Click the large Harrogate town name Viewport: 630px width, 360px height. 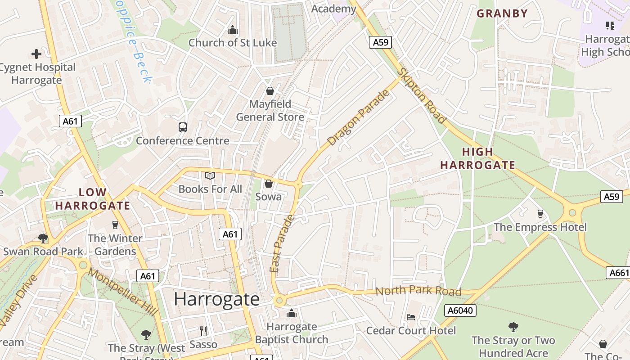click(216, 299)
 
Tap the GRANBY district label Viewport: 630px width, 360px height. click(502, 13)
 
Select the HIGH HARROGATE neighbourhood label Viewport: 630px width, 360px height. click(477, 158)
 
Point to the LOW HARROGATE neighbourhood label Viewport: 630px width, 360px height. click(92, 199)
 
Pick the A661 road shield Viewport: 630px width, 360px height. click(618, 273)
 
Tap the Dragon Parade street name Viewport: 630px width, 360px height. click(358, 118)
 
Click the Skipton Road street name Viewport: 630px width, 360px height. click(422, 96)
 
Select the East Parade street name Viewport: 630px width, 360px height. click(282, 243)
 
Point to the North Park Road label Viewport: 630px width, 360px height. click(418, 291)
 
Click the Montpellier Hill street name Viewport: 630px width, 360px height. click(122, 292)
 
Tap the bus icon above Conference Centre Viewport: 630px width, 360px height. click(182, 127)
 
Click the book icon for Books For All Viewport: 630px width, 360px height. click(210, 176)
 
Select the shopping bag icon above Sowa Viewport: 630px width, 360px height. click(269, 184)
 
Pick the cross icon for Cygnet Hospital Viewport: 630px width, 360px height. click(36, 54)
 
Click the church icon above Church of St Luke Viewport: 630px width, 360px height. click(233, 30)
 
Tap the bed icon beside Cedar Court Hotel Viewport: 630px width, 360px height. click(410, 317)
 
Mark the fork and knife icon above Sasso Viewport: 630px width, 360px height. click(203, 331)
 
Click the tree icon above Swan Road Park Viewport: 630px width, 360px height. click(43, 238)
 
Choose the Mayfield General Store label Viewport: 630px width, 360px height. click(270, 111)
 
